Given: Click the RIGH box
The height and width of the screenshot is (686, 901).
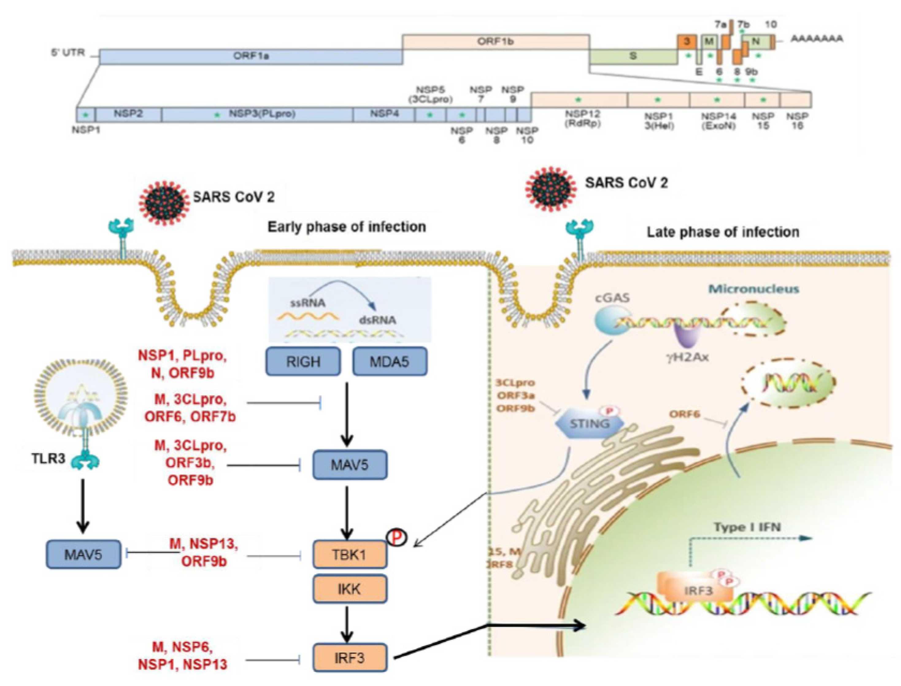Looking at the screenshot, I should (303, 361).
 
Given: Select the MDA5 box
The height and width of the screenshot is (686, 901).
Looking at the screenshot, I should (390, 361).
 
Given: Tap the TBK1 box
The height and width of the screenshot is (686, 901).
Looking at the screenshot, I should (350, 554).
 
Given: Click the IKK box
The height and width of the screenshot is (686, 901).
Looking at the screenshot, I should (350, 589).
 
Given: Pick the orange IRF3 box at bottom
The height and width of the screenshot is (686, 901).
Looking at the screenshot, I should (350, 658).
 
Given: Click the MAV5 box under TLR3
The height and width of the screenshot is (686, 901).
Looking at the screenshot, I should (83, 554).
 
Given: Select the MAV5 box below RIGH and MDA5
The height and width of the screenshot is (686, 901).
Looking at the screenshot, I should (350, 465).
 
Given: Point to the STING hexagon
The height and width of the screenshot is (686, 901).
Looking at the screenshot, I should (589, 423).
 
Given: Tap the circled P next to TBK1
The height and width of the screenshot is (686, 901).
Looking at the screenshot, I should (395, 538).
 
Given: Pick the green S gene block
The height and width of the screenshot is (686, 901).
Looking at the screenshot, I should (633, 56).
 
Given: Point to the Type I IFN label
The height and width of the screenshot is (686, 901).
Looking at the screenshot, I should (747, 527).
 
